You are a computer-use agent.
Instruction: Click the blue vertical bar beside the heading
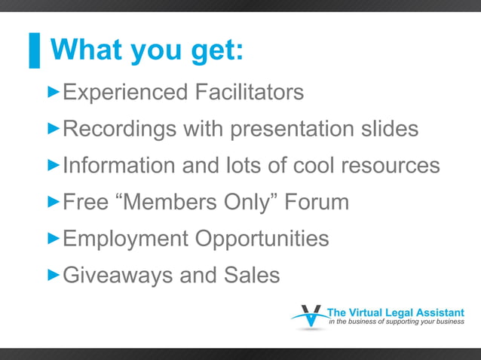(34, 50)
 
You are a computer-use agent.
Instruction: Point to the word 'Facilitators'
(250, 92)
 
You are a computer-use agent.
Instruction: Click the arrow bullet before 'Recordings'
(54, 128)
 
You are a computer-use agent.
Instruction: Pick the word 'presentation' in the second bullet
(293, 130)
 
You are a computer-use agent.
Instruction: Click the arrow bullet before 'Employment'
(54, 238)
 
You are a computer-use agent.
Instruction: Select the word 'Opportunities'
(262, 239)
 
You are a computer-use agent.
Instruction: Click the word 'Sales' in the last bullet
(252, 275)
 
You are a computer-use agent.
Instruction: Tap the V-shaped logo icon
(309, 317)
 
